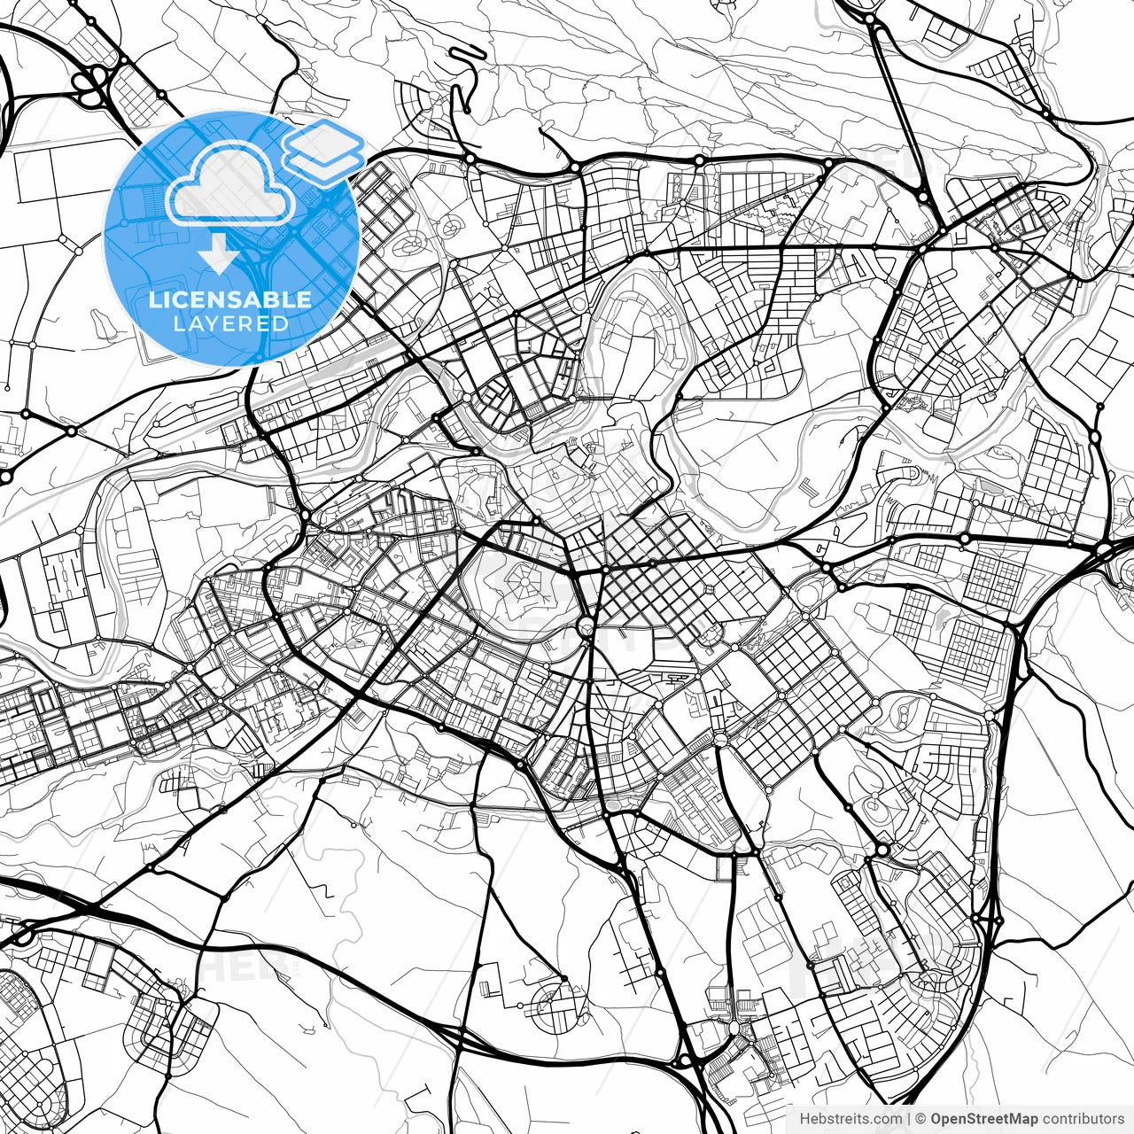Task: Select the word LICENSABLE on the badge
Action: [x=230, y=299]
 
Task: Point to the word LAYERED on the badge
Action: [x=230, y=323]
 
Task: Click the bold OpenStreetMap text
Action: [x=984, y=1119]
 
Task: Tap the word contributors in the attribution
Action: [x=1083, y=1119]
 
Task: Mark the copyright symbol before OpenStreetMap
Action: [x=921, y=1119]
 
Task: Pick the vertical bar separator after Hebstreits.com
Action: [x=909, y=1119]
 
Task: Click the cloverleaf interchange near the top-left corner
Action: [x=90, y=84]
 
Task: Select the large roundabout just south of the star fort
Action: [x=586, y=628]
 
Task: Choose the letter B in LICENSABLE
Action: [x=267, y=299]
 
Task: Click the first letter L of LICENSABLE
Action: [x=154, y=299]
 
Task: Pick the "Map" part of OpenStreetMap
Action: [x=1024, y=1119]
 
